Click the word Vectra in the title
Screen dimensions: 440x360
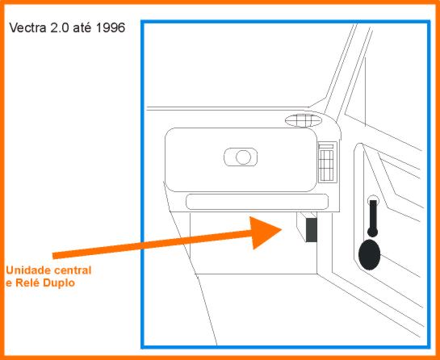[28, 28]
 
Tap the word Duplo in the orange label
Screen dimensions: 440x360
[59, 283]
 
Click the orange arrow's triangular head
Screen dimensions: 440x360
[263, 232]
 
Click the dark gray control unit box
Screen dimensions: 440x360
[311, 229]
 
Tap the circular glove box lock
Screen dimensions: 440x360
[243, 157]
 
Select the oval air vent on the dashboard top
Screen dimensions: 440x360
[304, 120]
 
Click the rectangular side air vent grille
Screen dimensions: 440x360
[326, 165]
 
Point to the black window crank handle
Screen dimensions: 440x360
[373, 218]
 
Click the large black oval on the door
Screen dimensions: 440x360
[369, 254]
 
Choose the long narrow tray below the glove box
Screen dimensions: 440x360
[257, 202]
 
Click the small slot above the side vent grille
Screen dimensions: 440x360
[326, 146]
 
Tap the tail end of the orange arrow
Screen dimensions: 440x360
[53, 256]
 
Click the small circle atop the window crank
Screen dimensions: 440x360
[373, 199]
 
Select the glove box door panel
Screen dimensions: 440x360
[241, 160]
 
